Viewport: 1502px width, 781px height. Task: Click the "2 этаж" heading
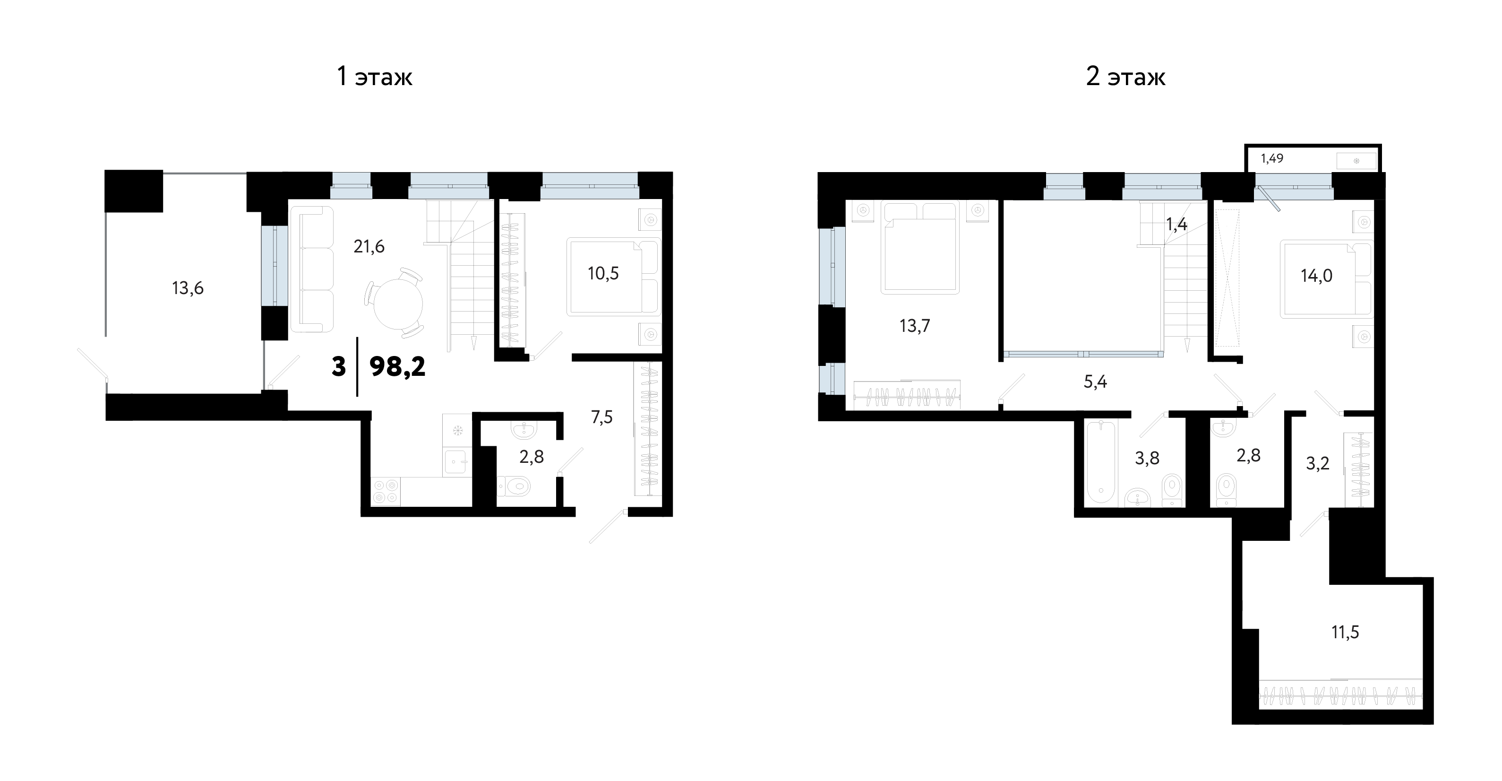point(1125,77)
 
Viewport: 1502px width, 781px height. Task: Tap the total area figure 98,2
point(398,367)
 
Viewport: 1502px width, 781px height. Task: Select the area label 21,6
point(369,247)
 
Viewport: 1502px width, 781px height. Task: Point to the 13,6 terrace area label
point(188,288)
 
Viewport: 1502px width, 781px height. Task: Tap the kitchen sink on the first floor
point(457,462)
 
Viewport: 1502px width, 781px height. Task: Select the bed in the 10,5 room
point(613,277)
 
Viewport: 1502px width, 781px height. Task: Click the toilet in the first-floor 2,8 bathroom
point(513,485)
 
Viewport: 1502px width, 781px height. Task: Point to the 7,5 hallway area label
point(602,417)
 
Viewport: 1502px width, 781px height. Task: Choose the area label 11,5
point(1345,632)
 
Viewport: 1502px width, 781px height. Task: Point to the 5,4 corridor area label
point(1095,382)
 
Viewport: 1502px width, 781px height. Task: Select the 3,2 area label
point(1317,463)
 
